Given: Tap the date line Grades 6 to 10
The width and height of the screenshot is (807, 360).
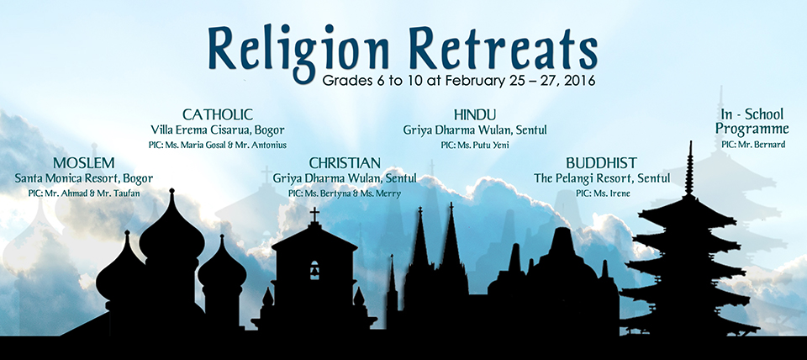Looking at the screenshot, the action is pyautogui.click(x=458, y=81).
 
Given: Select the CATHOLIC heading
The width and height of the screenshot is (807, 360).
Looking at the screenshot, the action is pyautogui.click(x=218, y=114).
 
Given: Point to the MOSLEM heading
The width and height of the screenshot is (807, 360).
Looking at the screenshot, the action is pyautogui.click(x=84, y=163).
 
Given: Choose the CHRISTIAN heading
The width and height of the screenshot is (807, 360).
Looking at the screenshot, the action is pyautogui.click(x=345, y=163).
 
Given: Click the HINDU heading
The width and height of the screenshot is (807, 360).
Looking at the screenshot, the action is pyautogui.click(x=474, y=114).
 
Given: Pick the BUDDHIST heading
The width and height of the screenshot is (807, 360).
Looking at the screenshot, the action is pyautogui.click(x=602, y=163).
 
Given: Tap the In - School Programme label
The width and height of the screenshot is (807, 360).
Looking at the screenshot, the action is pyautogui.click(x=752, y=121).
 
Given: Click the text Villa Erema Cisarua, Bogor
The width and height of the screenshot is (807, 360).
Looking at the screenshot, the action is pyautogui.click(x=218, y=130).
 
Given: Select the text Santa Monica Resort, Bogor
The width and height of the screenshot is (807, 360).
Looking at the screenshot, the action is pyautogui.click(x=84, y=178).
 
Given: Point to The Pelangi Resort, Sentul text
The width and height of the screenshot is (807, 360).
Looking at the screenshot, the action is pyautogui.click(x=602, y=178).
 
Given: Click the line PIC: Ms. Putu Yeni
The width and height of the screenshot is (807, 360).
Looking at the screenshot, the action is pyautogui.click(x=474, y=146).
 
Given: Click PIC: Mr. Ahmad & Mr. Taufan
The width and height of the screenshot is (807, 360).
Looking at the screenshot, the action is pyautogui.click(x=84, y=193).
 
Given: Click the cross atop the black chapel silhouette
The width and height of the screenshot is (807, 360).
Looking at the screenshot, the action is pyautogui.click(x=314, y=214).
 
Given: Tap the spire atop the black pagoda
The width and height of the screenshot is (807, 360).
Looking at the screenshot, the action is pyautogui.click(x=689, y=167).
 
